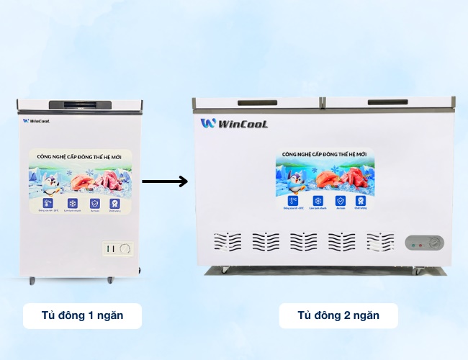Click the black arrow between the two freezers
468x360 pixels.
pyautogui.click(x=164, y=181)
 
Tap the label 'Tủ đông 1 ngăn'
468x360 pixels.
pyautogui.click(x=82, y=315)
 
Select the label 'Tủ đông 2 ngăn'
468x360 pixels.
pyautogui.click(x=338, y=315)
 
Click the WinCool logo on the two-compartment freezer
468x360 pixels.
pyautogui.click(x=235, y=124)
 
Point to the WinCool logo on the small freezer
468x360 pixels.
pyautogui.click(x=36, y=121)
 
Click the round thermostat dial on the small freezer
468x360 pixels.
pyautogui.click(x=126, y=249)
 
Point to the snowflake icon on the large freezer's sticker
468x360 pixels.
pyautogui.click(x=317, y=201)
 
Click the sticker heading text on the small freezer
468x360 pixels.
pyautogui.click(x=79, y=156)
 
